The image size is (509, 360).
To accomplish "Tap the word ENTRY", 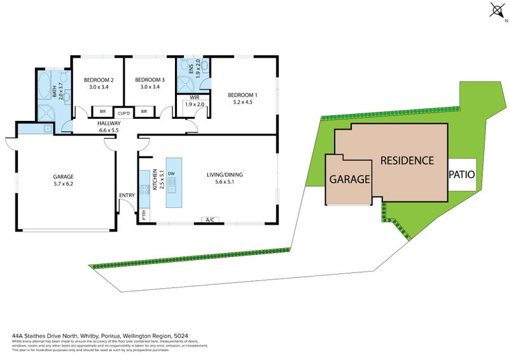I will click(127, 195).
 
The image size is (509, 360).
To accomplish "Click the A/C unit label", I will click(209, 220).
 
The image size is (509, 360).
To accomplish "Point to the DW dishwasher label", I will click(171, 173).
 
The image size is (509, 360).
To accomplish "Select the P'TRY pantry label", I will click(144, 214).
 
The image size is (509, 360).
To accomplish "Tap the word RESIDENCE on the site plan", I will click(407, 160).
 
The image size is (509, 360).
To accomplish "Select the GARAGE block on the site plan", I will click(349, 179).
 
